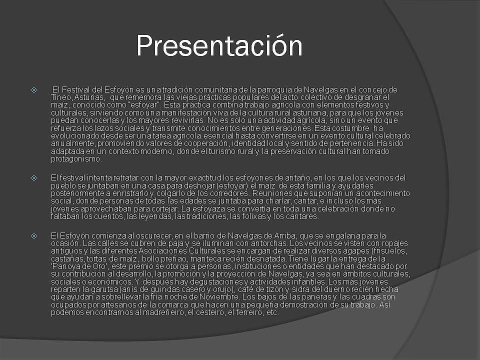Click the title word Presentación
click(219, 45)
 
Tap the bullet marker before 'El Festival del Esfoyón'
click(33, 90)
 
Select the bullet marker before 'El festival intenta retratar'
click(33, 178)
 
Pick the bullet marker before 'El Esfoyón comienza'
click(33, 235)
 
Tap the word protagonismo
click(76, 159)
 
